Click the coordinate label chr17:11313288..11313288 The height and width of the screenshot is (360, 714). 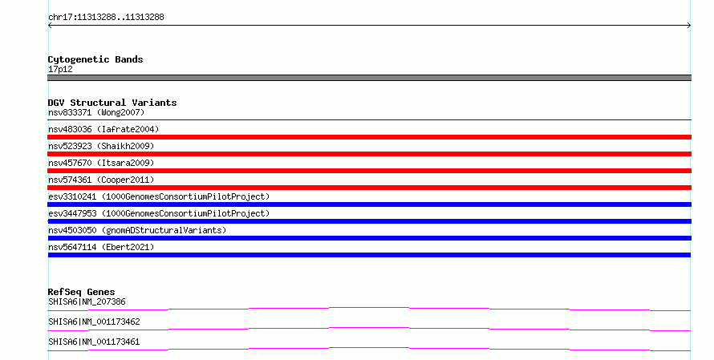[106, 18]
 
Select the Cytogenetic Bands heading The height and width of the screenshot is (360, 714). [95, 59]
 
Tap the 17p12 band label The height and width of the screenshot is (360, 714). [60, 69]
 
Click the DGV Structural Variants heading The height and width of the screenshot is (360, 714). [112, 103]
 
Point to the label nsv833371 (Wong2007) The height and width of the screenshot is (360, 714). [96, 112]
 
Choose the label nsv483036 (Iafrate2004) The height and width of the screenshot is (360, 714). [103, 129]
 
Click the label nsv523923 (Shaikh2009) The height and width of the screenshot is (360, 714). [101, 146]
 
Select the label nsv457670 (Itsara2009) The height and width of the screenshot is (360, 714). [101, 163]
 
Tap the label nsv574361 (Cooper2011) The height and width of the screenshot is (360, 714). [101, 180]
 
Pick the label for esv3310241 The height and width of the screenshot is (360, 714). [159, 196]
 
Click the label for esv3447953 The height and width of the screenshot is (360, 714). [159, 213]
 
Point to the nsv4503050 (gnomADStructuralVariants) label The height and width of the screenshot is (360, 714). [137, 230]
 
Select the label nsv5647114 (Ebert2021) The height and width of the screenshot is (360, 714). [101, 247]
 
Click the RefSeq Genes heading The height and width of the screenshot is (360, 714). [81, 292]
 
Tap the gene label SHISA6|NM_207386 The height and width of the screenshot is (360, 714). [87, 301]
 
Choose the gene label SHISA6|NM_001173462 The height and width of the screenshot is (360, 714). [94, 322]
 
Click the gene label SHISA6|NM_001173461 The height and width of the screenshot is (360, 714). [94, 342]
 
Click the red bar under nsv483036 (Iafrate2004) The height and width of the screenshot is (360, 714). [369, 137]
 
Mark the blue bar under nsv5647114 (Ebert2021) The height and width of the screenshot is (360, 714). [369, 255]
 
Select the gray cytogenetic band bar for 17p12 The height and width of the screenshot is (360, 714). [369, 78]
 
